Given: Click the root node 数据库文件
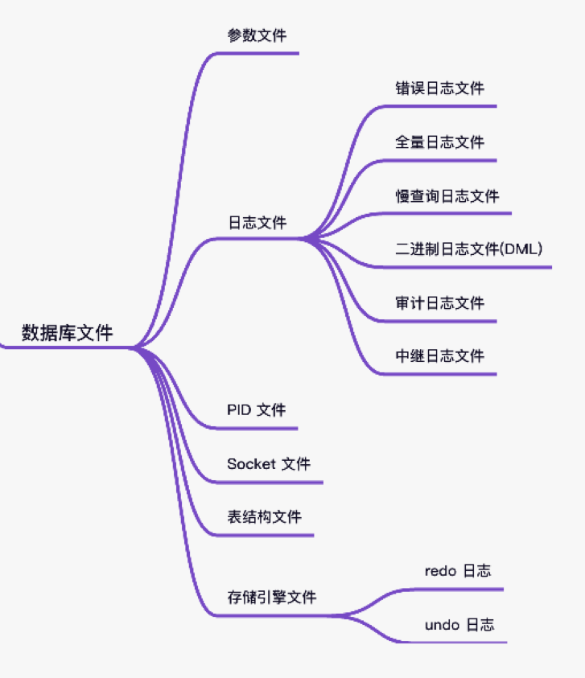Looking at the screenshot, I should coord(68,333).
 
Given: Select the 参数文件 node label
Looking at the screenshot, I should coord(257,35).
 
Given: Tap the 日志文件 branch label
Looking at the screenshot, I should coord(257,223).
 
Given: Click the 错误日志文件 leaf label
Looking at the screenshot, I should coord(439,88).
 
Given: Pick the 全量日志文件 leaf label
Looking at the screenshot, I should coord(439,142).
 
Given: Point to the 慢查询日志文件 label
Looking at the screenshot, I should coord(447,195).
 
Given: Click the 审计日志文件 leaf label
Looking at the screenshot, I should coord(439,303).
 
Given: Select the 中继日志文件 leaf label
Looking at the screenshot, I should coord(439,356).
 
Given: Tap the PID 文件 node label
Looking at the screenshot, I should coord(256,410).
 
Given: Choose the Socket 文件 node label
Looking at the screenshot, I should coord(269,464).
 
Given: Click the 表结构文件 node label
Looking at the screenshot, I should coord(264,517).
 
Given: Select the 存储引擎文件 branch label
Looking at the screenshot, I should coord(271,598).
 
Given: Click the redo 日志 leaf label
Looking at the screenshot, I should coord(457,571).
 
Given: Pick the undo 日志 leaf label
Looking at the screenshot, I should coord(459,625).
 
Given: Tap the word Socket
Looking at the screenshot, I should coord(251,464).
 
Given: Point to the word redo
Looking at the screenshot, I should coord(440,571).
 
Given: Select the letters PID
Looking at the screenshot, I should coord(239,410).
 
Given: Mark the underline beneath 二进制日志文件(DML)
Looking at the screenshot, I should coord(467,266).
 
